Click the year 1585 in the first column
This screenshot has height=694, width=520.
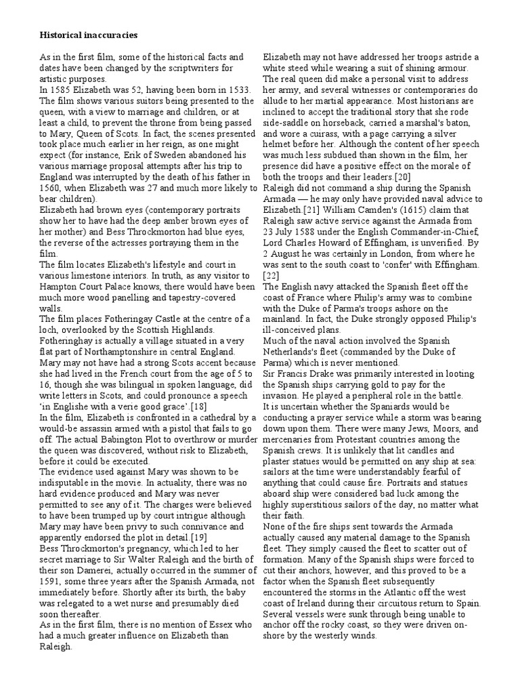pyautogui.click(x=59, y=90)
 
